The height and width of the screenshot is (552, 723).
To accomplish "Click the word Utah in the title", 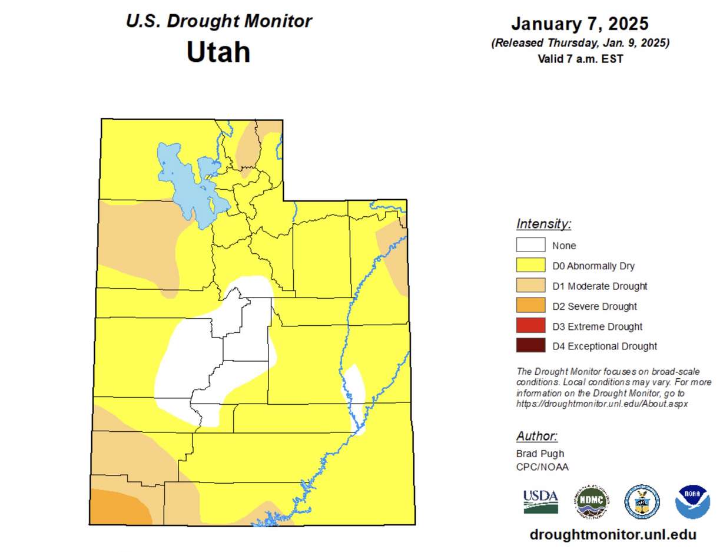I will click(x=218, y=52).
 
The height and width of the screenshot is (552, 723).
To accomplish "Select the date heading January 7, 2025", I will click(x=579, y=24).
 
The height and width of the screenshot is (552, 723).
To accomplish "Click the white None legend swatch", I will click(x=530, y=245).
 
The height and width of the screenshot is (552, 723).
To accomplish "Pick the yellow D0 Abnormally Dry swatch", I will click(x=530, y=265).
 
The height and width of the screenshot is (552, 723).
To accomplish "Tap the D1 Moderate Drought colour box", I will click(x=530, y=286).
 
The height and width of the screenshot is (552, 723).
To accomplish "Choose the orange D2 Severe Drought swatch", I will click(x=530, y=306).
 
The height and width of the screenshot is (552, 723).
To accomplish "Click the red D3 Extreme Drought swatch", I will click(x=530, y=326).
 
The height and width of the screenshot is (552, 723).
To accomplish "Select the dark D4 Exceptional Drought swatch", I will click(x=530, y=346).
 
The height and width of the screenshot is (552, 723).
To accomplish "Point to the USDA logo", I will click(x=540, y=501).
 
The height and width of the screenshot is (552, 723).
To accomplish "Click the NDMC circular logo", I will click(x=592, y=502).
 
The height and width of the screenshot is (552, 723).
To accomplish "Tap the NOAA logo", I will click(x=692, y=502).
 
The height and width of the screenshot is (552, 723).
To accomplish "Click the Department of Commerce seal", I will click(x=642, y=502).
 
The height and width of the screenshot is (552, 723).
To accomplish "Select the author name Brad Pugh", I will click(x=540, y=454).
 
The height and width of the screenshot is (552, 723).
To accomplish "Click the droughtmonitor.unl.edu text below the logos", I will click(x=613, y=534).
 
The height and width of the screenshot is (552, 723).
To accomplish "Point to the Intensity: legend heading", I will click(x=543, y=224).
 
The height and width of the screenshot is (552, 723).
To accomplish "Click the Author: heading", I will click(x=536, y=436).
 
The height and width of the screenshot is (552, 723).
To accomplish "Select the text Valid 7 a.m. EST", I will click(x=580, y=59).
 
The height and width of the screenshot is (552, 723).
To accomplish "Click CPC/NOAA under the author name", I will click(x=542, y=467).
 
